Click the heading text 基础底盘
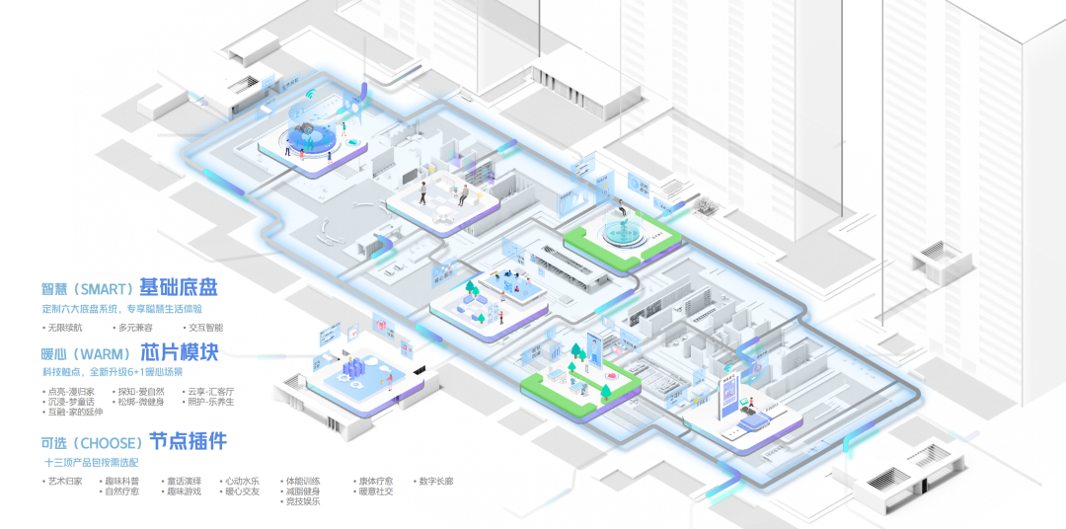tap(178, 288)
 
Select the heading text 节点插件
tap(187, 440)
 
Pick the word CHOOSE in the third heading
tap(112, 441)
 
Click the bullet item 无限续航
tap(66, 327)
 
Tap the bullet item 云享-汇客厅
tap(208, 391)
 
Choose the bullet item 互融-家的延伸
tap(75, 412)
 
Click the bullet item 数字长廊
tap(433, 481)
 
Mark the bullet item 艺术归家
tap(66, 481)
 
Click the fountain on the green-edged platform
tap(621, 229)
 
